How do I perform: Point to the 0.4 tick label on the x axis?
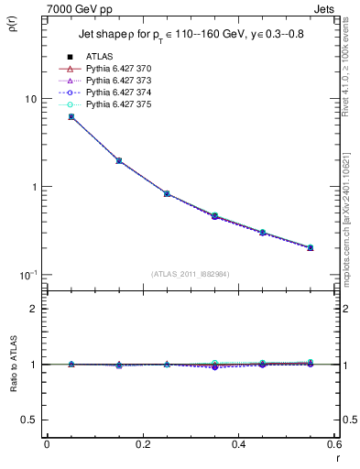(238, 444)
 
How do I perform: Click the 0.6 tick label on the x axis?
(333, 444)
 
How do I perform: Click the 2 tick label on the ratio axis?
(35, 310)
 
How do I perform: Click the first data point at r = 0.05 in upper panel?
(71, 116)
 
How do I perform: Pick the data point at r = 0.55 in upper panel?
(310, 247)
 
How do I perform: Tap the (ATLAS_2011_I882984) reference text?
(190, 274)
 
